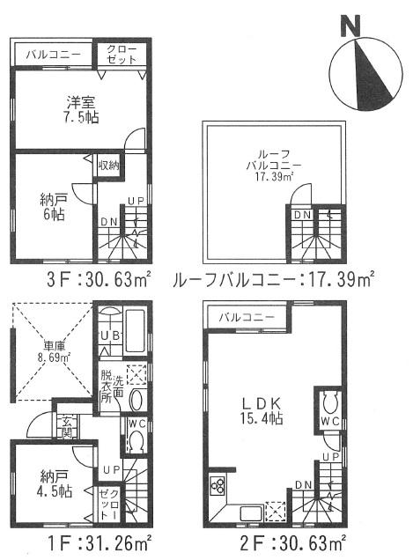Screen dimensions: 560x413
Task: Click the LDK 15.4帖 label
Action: coord(262,410)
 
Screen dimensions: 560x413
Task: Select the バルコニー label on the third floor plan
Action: coord(48,55)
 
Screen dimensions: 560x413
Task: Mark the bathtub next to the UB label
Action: coord(136,333)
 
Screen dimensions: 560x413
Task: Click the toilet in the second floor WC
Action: coord(330,404)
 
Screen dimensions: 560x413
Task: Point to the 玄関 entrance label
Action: coord(67,426)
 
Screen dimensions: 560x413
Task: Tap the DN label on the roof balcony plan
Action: coord(301,214)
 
